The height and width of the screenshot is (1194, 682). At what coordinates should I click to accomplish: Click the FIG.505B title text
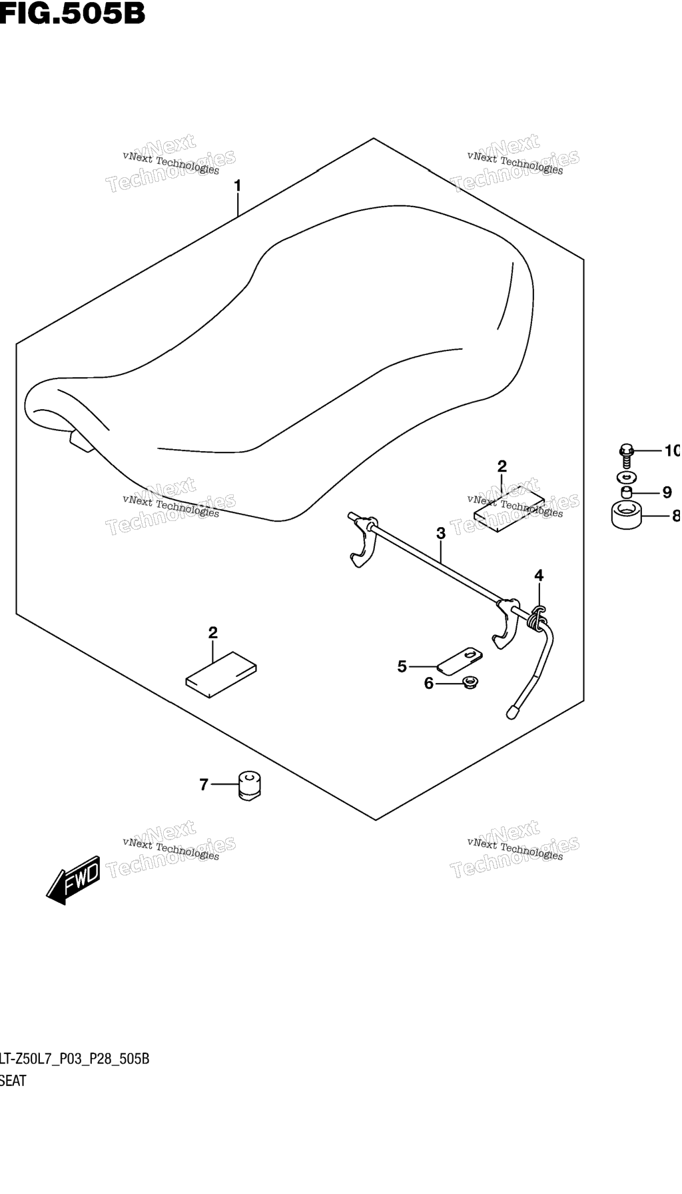(x=72, y=13)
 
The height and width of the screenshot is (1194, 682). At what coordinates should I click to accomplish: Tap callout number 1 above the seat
(x=237, y=186)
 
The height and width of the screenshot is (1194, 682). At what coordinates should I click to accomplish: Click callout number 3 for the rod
(x=440, y=533)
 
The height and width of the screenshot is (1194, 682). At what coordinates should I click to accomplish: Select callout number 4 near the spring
(x=539, y=575)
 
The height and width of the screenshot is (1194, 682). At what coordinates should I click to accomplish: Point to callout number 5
(x=402, y=666)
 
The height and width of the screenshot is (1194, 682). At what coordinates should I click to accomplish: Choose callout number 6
(x=429, y=683)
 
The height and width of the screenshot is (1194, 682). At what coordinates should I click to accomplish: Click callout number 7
(x=204, y=785)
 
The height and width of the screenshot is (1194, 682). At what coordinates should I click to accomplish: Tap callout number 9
(x=667, y=493)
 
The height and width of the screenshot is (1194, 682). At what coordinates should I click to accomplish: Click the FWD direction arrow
(x=73, y=881)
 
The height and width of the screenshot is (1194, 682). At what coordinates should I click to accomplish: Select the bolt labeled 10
(x=626, y=456)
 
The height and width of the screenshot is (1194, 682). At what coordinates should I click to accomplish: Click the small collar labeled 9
(x=627, y=493)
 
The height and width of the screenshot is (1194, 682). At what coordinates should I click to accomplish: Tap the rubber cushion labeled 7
(x=250, y=784)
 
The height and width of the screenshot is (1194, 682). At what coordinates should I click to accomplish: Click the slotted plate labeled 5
(x=460, y=658)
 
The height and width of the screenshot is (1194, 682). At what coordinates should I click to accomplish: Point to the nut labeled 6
(x=470, y=682)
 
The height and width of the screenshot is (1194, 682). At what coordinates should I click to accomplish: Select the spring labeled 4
(x=535, y=620)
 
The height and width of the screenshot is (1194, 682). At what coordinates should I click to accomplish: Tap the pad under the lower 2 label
(x=221, y=674)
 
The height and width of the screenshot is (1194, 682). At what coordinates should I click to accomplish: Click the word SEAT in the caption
(x=13, y=1081)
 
